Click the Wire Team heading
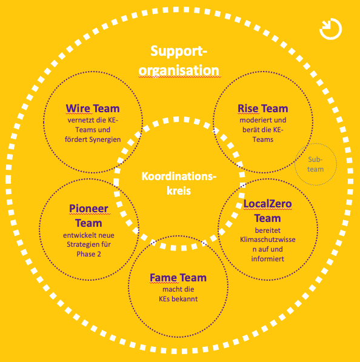pos(93,109)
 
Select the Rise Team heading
pos(263,109)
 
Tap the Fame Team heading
pos(178,278)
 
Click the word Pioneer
pos(88,209)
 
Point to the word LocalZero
pos(268,204)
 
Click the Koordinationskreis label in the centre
pos(179,184)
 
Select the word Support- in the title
pos(179,51)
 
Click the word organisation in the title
pos(179,70)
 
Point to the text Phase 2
pos(88,254)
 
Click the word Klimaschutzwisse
pos(268,240)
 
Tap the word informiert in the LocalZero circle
pos(268,259)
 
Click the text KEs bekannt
pos(178,299)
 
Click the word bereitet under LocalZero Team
pos(268,230)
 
